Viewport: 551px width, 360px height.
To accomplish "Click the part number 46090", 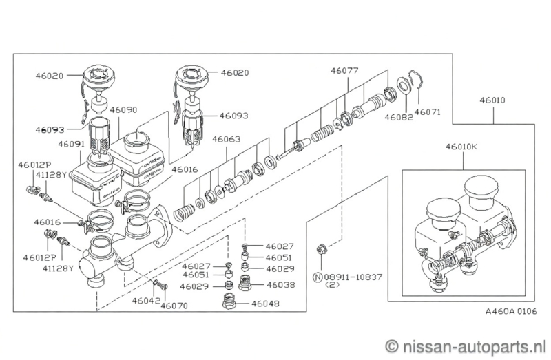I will pos(123,109).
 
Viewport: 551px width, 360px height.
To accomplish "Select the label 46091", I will pos(71,145).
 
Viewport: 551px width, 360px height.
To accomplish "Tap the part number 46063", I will pos(227,138).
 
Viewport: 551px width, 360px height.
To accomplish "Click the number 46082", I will pos(399,118).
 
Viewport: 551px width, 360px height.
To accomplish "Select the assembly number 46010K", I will pos(461,146).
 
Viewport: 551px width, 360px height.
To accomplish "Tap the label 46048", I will pos(267,303).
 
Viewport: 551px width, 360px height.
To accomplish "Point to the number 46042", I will pos(146,301).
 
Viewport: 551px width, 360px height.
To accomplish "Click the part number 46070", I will pos(174,306).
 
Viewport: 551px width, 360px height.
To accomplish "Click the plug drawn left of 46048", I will pos(231,301).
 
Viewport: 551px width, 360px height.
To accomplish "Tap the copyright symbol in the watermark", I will pos(393,343).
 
